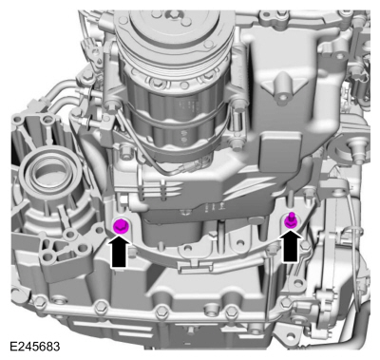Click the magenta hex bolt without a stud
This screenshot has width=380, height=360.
tap(121, 226)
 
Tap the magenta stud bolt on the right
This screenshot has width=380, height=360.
tap(291, 221)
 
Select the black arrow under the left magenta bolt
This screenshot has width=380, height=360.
tap(119, 253)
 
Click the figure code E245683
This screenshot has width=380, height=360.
tap(35, 347)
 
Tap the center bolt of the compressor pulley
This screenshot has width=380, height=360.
tap(174, 13)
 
